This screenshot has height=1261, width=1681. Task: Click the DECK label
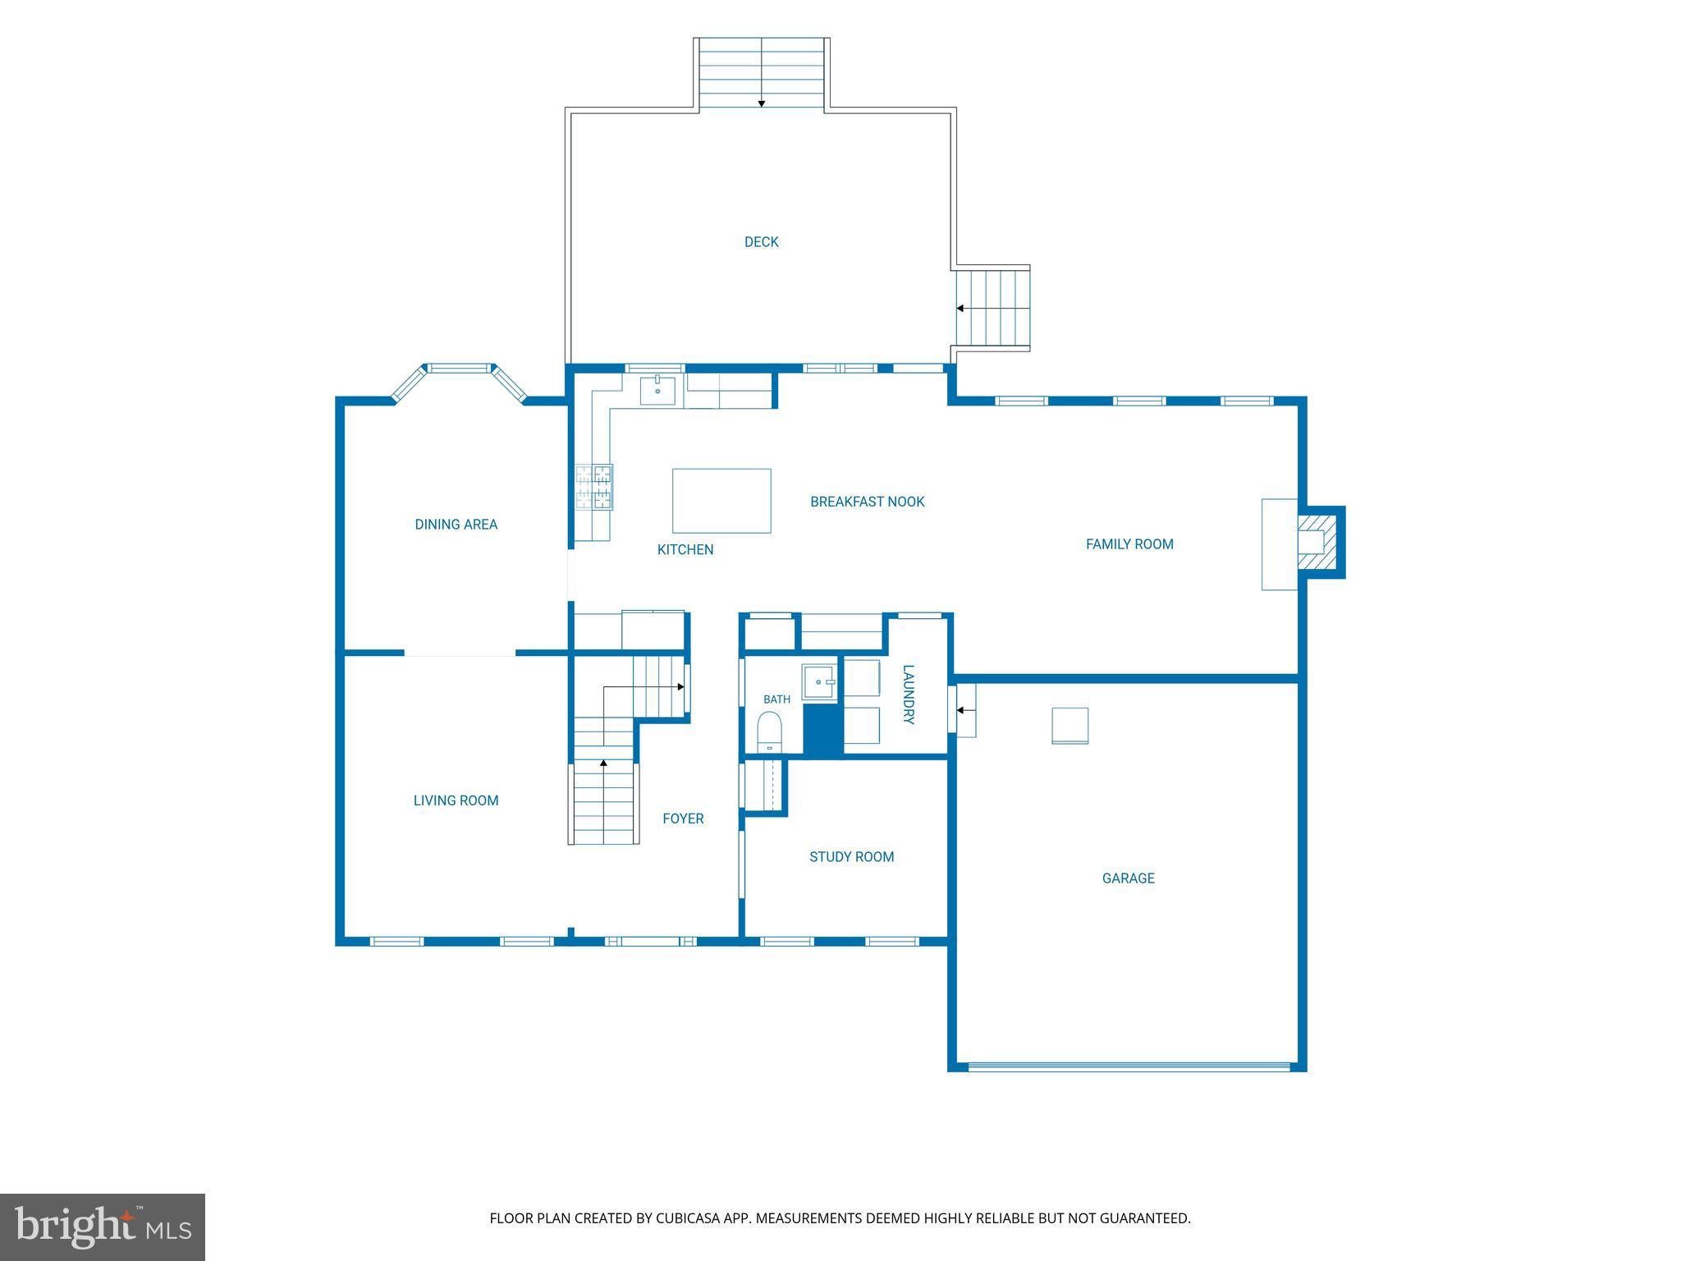(x=761, y=242)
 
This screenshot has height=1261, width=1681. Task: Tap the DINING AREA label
(x=456, y=525)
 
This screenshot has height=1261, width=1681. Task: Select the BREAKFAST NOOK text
(x=867, y=502)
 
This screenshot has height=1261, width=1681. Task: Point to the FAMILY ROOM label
(x=1129, y=544)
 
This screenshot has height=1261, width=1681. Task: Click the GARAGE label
(x=1128, y=878)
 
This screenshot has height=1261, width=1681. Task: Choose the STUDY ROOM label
(x=851, y=857)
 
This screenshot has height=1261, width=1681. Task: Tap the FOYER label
(x=683, y=819)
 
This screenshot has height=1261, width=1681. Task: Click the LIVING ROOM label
(x=456, y=800)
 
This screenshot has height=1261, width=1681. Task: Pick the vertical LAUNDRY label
(x=909, y=695)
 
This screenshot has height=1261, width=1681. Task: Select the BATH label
(x=776, y=699)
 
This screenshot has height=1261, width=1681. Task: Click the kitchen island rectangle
(x=721, y=501)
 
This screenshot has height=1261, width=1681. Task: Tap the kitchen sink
(x=657, y=391)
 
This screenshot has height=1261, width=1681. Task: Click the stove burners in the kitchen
(x=593, y=487)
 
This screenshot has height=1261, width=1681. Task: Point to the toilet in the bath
(x=769, y=731)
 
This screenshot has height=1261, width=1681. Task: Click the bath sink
(x=820, y=682)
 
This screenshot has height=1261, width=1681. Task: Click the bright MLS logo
(x=103, y=1227)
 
